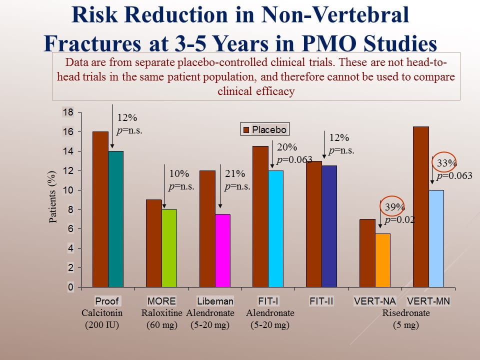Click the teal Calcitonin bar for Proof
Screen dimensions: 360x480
(115, 219)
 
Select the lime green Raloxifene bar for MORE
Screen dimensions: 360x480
(169, 248)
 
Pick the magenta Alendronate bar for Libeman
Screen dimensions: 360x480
(222, 250)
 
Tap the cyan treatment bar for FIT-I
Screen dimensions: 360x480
(275, 228)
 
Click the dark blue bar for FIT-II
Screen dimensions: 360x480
(329, 226)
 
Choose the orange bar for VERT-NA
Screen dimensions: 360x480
(382, 260)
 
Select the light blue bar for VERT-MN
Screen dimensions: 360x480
(436, 238)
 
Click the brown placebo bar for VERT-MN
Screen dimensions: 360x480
(421, 207)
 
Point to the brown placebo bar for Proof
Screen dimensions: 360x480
(100, 209)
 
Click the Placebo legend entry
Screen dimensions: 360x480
(265, 130)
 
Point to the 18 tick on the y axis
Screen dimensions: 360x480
(67, 112)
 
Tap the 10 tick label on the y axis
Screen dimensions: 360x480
(67, 190)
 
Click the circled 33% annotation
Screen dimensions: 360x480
(443, 163)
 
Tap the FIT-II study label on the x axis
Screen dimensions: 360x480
(321, 301)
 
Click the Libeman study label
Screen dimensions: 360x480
(215, 301)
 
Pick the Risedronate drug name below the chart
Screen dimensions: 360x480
(406, 313)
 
